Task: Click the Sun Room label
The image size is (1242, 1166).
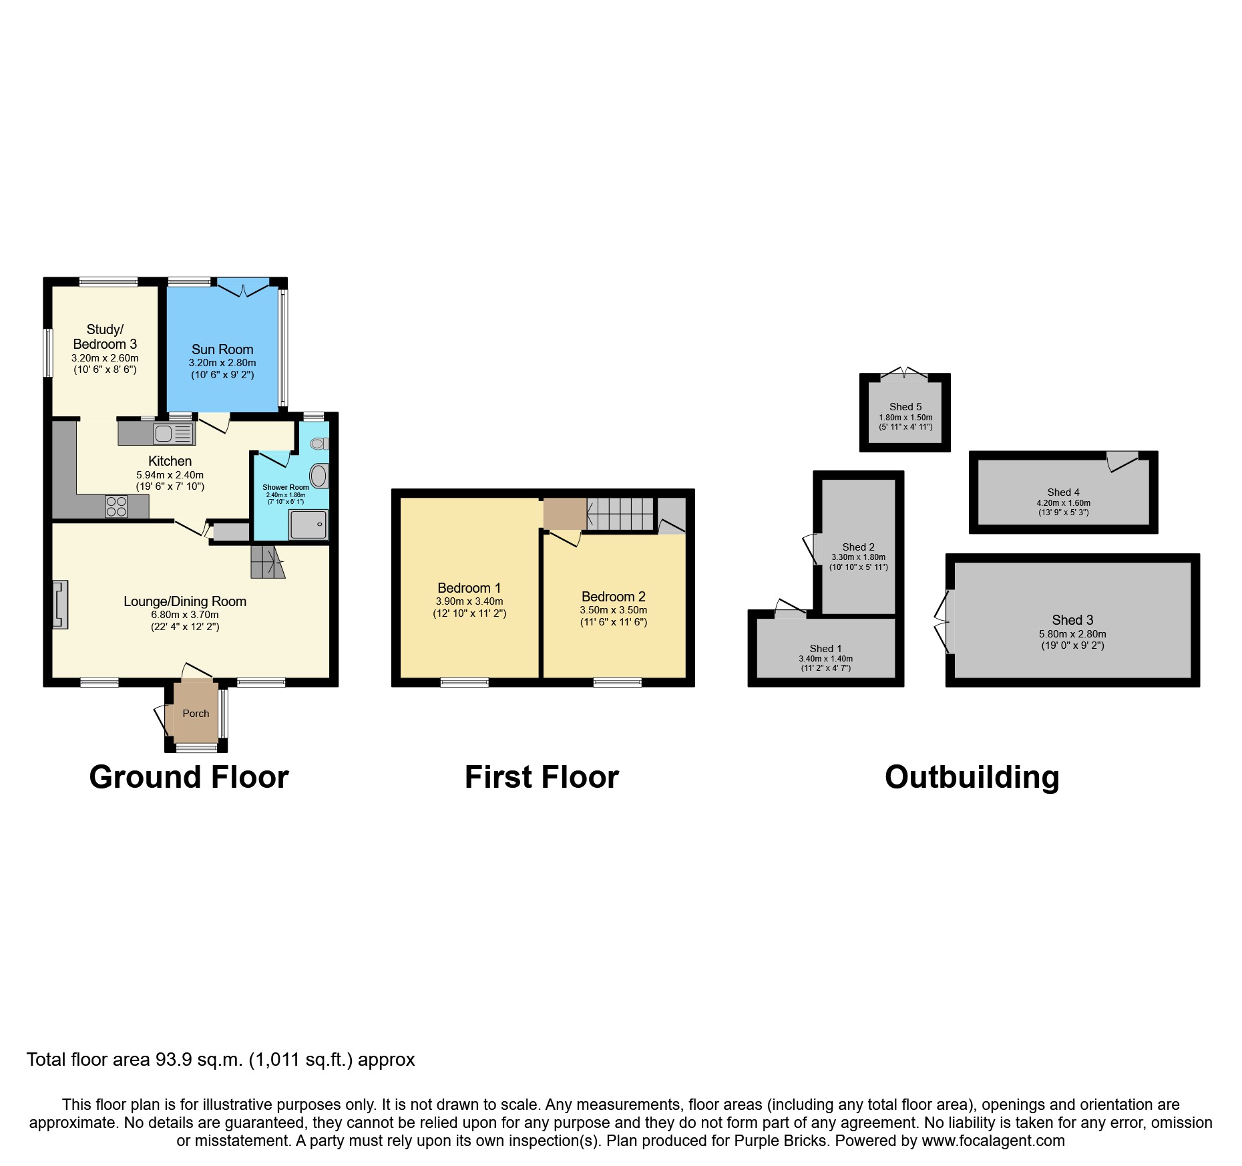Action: (x=222, y=349)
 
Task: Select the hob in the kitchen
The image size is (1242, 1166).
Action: (x=116, y=506)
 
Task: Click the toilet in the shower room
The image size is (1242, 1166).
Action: (x=319, y=444)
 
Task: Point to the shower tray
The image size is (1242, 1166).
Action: (x=308, y=525)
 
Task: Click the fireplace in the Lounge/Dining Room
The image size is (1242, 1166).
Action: (x=60, y=605)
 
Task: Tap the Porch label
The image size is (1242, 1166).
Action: (x=196, y=714)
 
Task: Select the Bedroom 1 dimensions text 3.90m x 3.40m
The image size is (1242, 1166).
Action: (x=469, y=601)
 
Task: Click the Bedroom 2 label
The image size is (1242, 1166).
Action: (x=613, y=597)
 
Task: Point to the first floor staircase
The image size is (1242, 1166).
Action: (x=620, y=514)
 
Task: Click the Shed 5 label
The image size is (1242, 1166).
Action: (x=905, y=407)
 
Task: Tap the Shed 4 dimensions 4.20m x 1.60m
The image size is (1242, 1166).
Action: (x=1063, y=503)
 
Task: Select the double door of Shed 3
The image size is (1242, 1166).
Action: (x=943, y=621)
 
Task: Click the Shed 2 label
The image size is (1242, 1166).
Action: (x=858, y=547)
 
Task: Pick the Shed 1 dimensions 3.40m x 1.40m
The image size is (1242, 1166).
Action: (x=825, y=659)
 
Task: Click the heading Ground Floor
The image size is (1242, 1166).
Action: (x=189, y=778)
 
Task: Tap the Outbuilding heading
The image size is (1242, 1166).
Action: (x=972, y=778)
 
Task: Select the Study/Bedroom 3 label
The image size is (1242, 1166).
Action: (x=105, y=337)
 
